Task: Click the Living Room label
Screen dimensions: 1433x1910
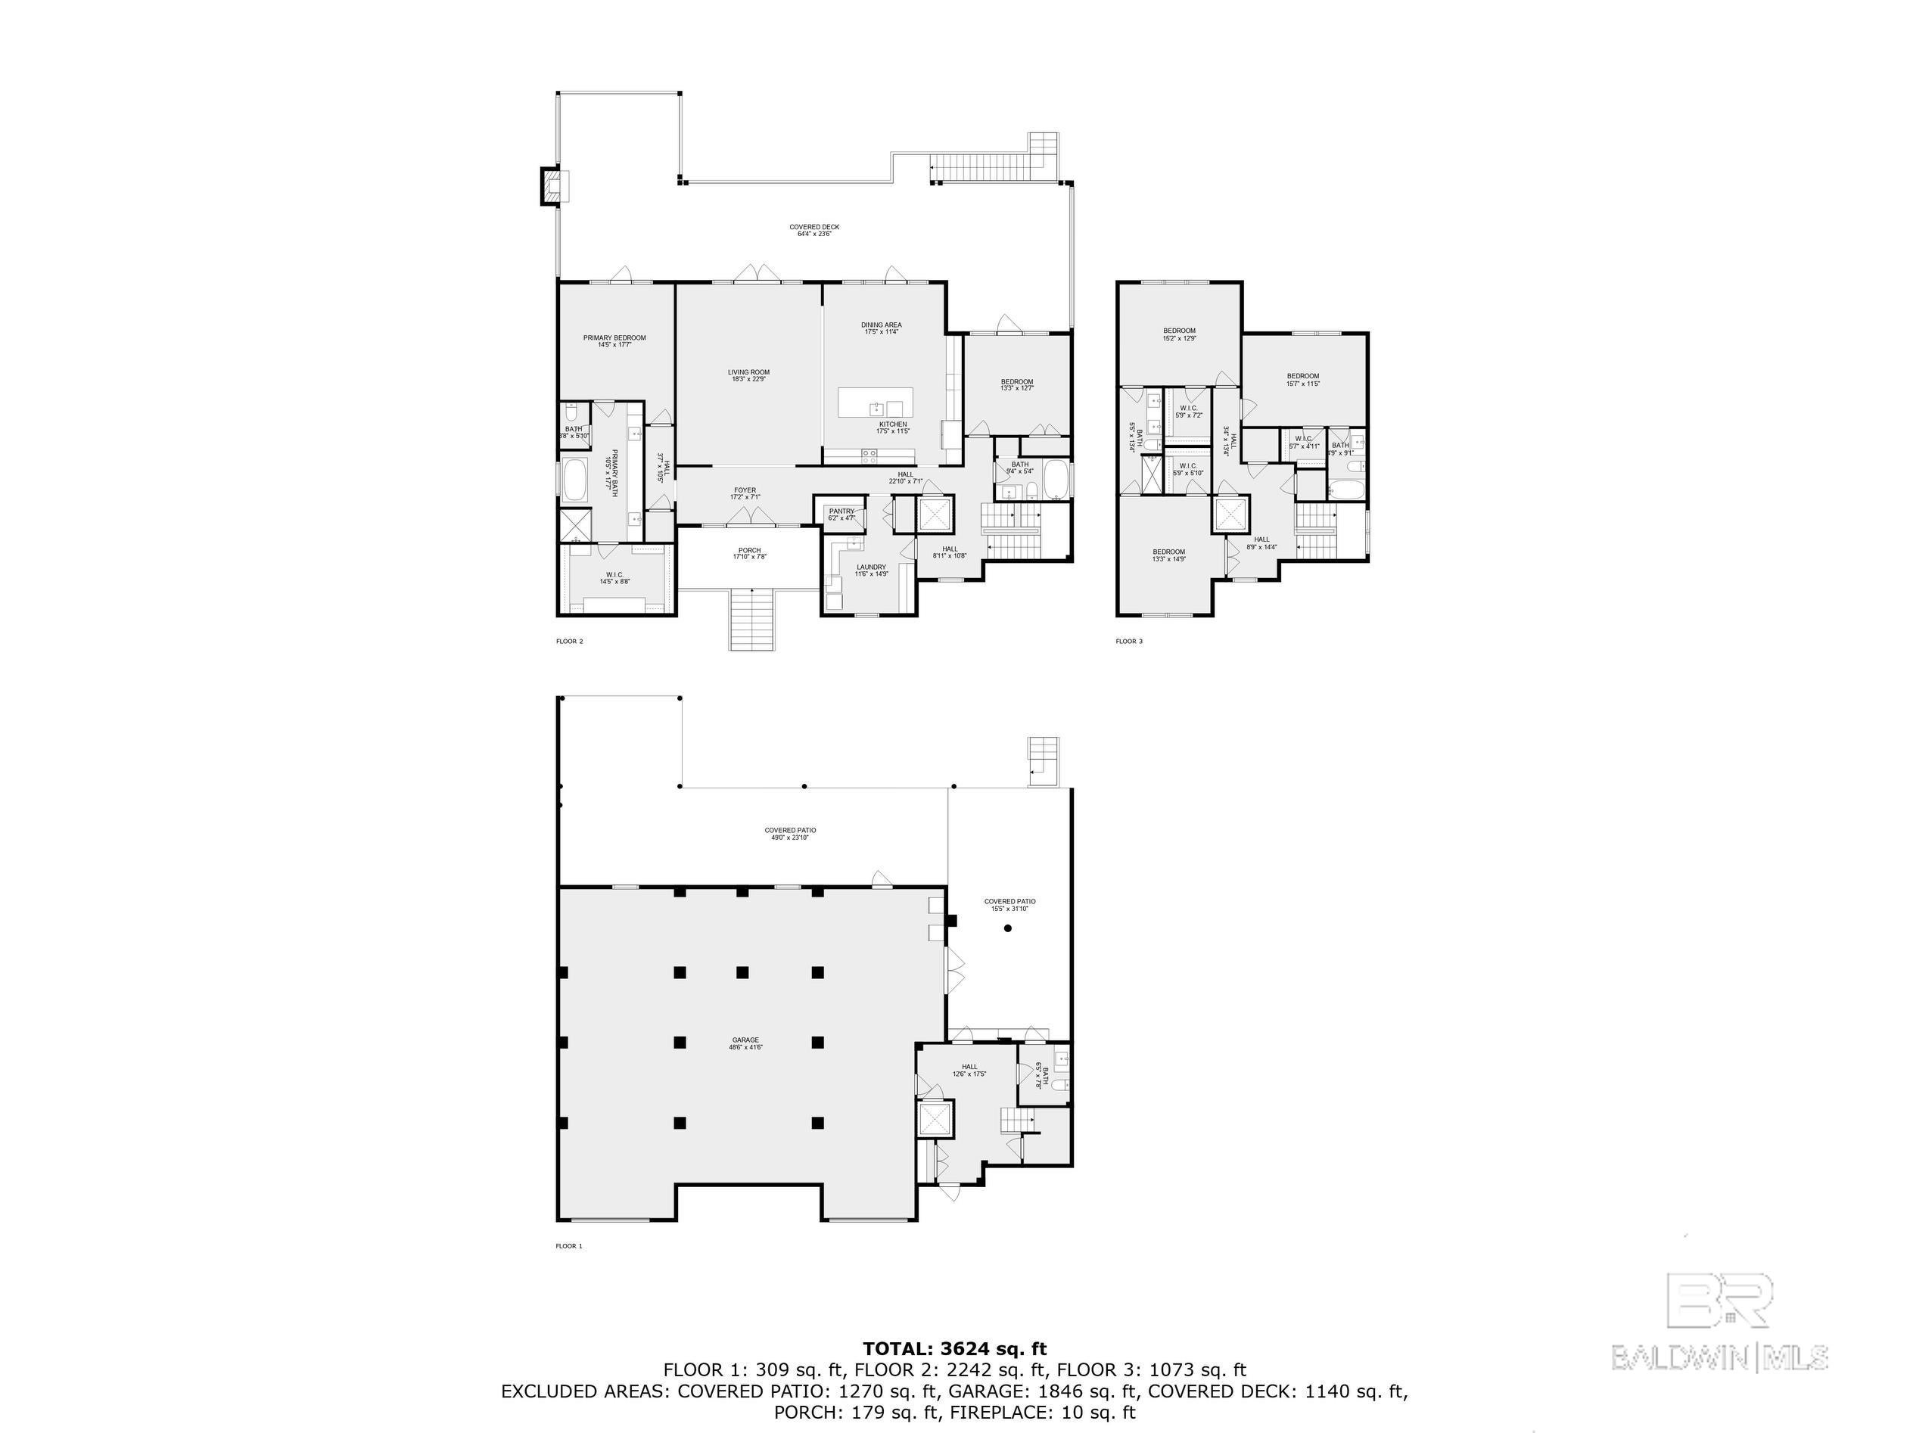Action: [748, 375]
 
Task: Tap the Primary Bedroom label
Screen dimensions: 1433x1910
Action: [614, 341]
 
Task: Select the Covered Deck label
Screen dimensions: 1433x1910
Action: [813, 229]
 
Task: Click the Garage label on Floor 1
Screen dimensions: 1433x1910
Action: [745, 1043]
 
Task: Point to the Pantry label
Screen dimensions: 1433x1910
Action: [841, 514]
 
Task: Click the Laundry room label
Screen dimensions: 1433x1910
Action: [871, 570]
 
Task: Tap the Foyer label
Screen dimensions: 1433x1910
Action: [745, 493]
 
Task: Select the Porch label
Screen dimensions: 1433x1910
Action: [748, 553]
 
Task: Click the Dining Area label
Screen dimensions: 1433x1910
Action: [881, 328]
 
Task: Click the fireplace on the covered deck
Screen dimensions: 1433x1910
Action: [550, 185]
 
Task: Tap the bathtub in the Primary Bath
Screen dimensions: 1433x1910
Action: [574, 481]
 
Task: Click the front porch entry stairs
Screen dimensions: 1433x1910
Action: [752, 619]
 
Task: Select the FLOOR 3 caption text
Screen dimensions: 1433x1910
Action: [1128, 642]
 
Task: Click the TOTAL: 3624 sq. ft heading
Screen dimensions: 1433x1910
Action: [954, 1348]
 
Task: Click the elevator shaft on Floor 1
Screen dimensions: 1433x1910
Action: [935, 1121]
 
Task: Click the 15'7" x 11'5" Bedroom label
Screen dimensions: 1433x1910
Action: [1303, 379]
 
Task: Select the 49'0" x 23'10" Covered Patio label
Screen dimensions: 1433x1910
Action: [789, 833]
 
